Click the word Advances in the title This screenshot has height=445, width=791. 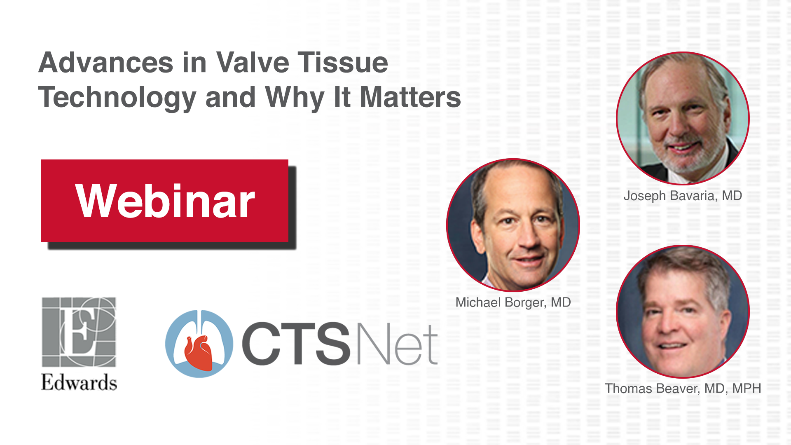(x=106, y=63)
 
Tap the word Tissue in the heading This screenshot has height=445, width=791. (x=343, y=63)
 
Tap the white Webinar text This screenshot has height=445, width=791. (x=165, y=201)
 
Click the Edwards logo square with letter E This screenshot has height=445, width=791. (x=79, y=332)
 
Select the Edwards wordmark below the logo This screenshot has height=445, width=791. (x=79, y=382)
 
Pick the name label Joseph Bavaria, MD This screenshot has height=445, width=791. (x=683, y=196)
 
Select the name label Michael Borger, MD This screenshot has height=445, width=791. (x=513, y=303)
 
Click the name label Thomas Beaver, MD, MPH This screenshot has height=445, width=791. (x=683, y=389)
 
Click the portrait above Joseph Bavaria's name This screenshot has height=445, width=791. (x=683, y=118)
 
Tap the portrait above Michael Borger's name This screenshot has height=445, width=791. (x=513, y=225)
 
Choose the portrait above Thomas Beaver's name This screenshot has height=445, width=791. (x=683, y=311)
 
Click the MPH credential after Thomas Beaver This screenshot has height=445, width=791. (x=747, y=388)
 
